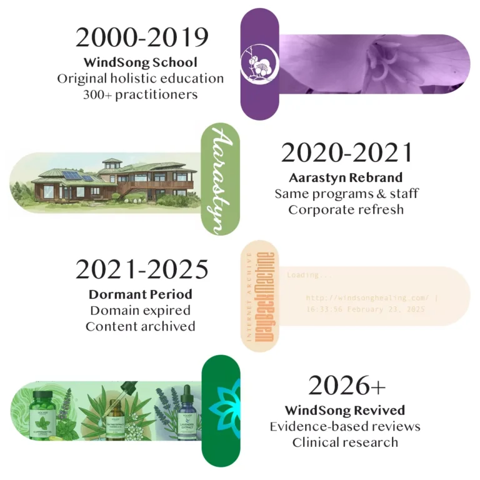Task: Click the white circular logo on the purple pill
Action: click(259, 64)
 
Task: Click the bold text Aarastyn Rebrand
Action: click(346, 177)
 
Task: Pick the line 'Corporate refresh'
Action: click(346, 209)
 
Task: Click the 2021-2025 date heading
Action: click(142, 269)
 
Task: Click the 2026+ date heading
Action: click(346, 386)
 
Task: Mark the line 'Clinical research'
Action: click(345, 442)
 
